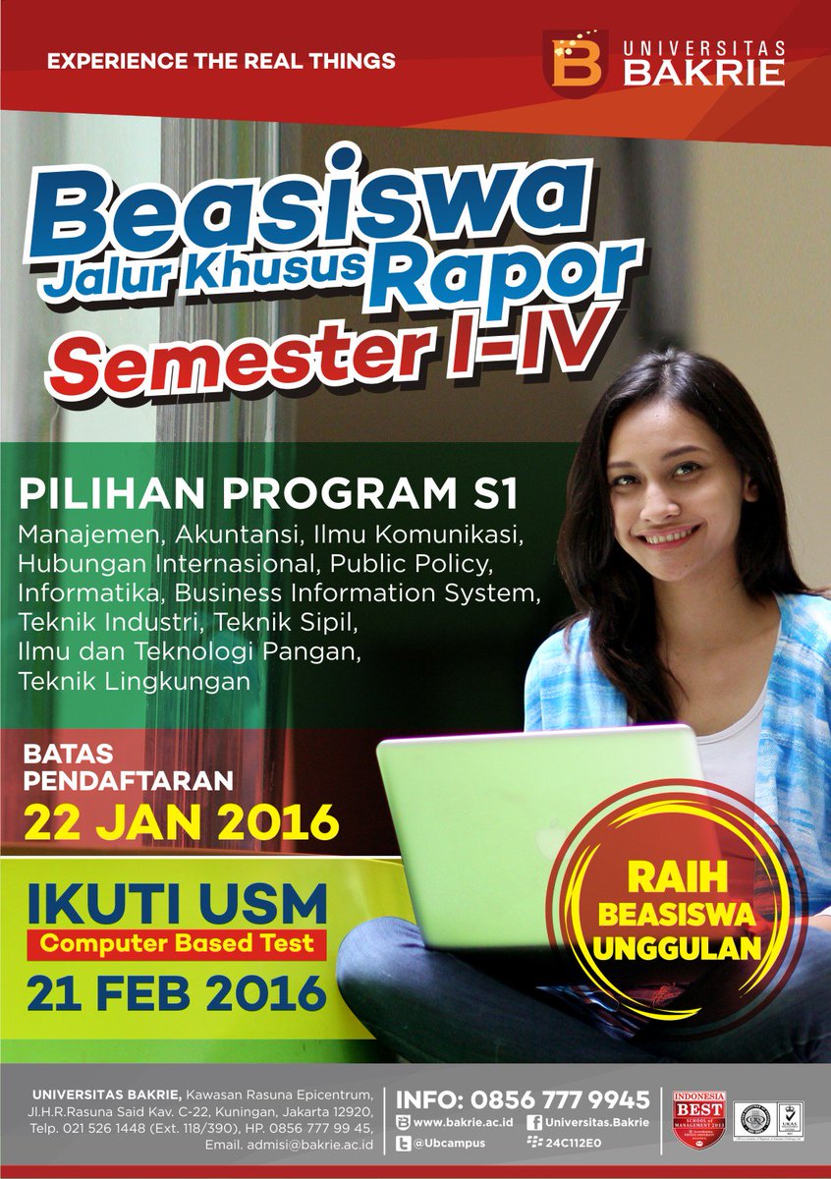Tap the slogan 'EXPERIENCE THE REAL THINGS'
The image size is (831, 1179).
[x=221, y=61]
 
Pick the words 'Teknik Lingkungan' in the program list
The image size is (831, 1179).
[x=133, y=680]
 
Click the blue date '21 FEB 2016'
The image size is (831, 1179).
[x=177, y=993]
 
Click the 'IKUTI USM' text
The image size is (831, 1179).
[x=177, y=902]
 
